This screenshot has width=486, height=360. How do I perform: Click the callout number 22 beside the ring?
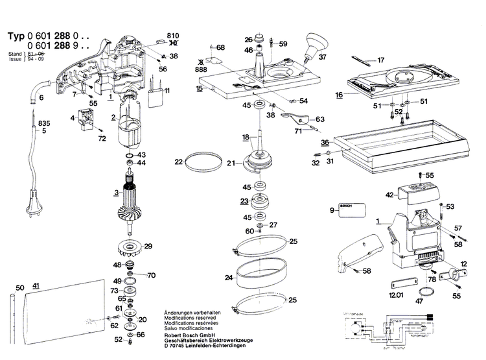(178, 162)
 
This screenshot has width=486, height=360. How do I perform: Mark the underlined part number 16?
(339, 95)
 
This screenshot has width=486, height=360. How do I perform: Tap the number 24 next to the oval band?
(229, 278)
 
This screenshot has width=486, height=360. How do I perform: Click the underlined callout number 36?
(325, 142)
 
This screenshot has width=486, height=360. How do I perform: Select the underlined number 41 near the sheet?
(36, 286)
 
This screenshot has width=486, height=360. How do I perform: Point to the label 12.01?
(395, 296)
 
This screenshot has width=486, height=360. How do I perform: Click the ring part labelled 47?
(425, 290)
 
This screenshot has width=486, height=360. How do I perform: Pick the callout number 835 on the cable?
(44, 123)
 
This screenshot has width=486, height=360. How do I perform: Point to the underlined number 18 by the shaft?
(245, 137)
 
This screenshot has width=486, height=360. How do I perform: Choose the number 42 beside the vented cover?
(389, 194)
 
